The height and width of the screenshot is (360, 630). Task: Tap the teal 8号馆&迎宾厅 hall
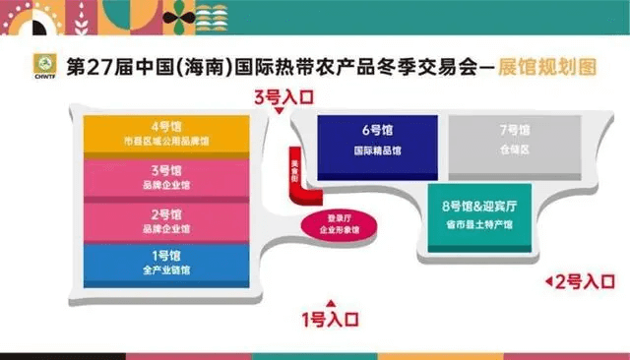click(x=479, y=216)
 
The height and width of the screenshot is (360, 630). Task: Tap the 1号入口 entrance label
click(x=331, y=318)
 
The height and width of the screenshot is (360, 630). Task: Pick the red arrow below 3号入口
click(x=281, y=112)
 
